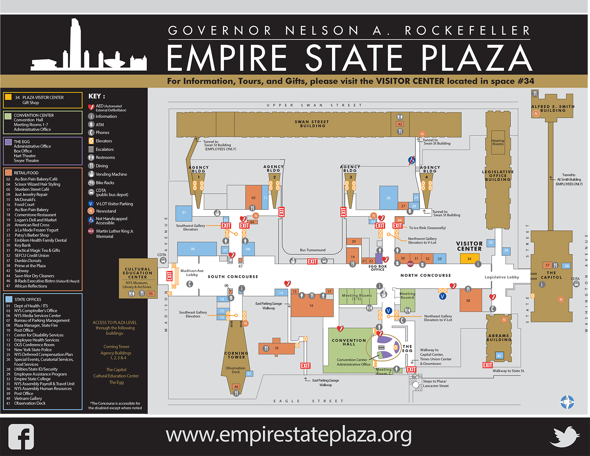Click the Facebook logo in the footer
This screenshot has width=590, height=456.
(21, 436)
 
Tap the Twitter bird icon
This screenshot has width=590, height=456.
(565, 436)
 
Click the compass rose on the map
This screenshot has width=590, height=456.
(567, 402)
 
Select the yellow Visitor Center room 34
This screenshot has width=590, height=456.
(469, 259)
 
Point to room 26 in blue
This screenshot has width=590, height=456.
(388, 198)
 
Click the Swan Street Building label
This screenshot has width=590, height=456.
(312, 124)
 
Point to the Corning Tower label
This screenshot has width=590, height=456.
(236, 355)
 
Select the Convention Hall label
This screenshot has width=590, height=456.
(349, 342)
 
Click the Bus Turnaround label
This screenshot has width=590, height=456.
(313, 250)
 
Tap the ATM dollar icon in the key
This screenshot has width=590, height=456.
(91, 124)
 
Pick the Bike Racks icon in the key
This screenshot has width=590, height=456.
(91, 183)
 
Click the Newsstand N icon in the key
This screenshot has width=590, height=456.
(91, 211)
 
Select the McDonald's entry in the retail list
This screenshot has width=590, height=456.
(25, 200)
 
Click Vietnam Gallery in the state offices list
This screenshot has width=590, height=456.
(28, 399)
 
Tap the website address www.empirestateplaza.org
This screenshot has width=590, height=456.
(289, 435)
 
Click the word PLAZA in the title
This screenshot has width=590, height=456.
(477, 58)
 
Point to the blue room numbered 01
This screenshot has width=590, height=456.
(184, 212)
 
